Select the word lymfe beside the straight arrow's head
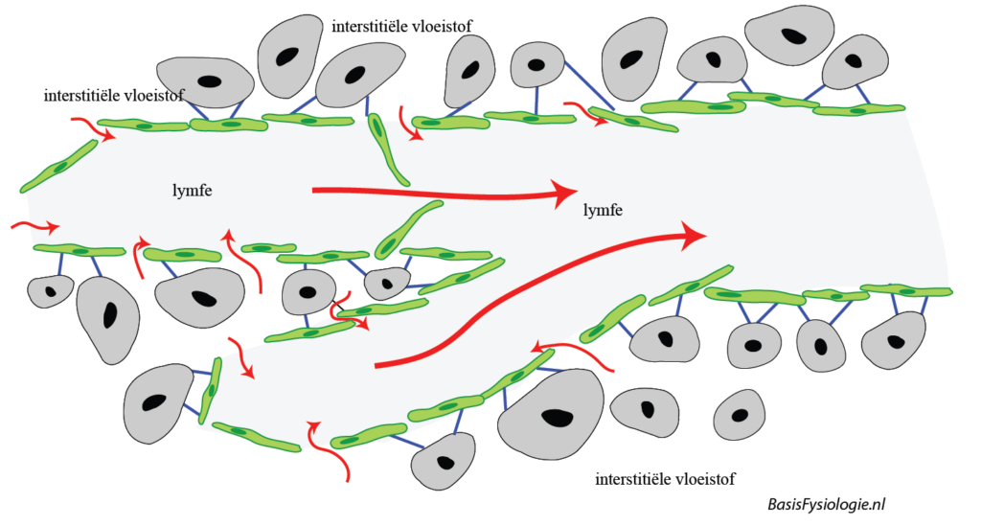(603, 210)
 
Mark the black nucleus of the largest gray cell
(555, 417)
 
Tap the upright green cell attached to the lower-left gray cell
(210, 389)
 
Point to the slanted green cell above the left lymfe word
(58, 165)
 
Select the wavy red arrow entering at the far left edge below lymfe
(34, 227)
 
